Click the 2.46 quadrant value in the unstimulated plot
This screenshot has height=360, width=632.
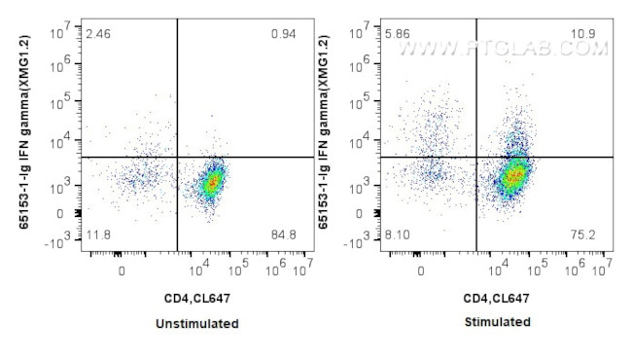pyautogui.click(x=97, y=34)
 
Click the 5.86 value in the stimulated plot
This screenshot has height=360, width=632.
pyautogui.click(x=397, y=34)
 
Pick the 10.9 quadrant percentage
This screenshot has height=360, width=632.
pyautogui.click(x=584, y=34)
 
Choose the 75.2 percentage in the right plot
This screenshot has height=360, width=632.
pyautogui.click(x=584, y=234)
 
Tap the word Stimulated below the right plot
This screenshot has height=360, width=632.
pyautogui.click(x=497, y=322)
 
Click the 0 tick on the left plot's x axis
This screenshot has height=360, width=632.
pyautogui.click(x=122, y=273)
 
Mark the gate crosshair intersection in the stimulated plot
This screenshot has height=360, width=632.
pyautogui.click(x=476, y=157)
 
